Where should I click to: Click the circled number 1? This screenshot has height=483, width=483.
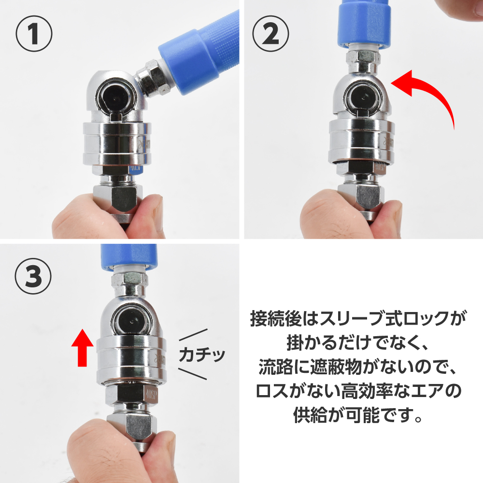click(34, 34)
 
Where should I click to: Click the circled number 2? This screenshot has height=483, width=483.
click(270, 34)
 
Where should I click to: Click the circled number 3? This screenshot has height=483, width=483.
click(33, 276)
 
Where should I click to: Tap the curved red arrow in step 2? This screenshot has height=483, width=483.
click(431, 92)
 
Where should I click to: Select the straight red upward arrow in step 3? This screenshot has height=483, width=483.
click(82, 347)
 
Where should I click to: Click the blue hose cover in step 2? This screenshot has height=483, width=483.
click(364, 23)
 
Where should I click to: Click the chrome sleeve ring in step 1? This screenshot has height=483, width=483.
click(116, 144)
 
